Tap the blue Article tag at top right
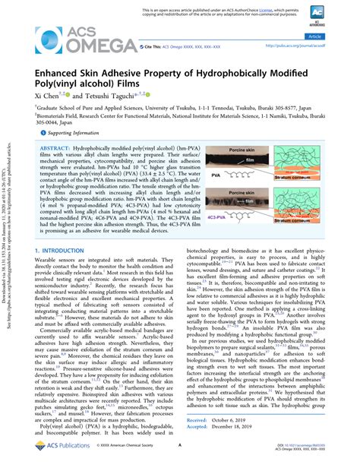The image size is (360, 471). tap(333, 36)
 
